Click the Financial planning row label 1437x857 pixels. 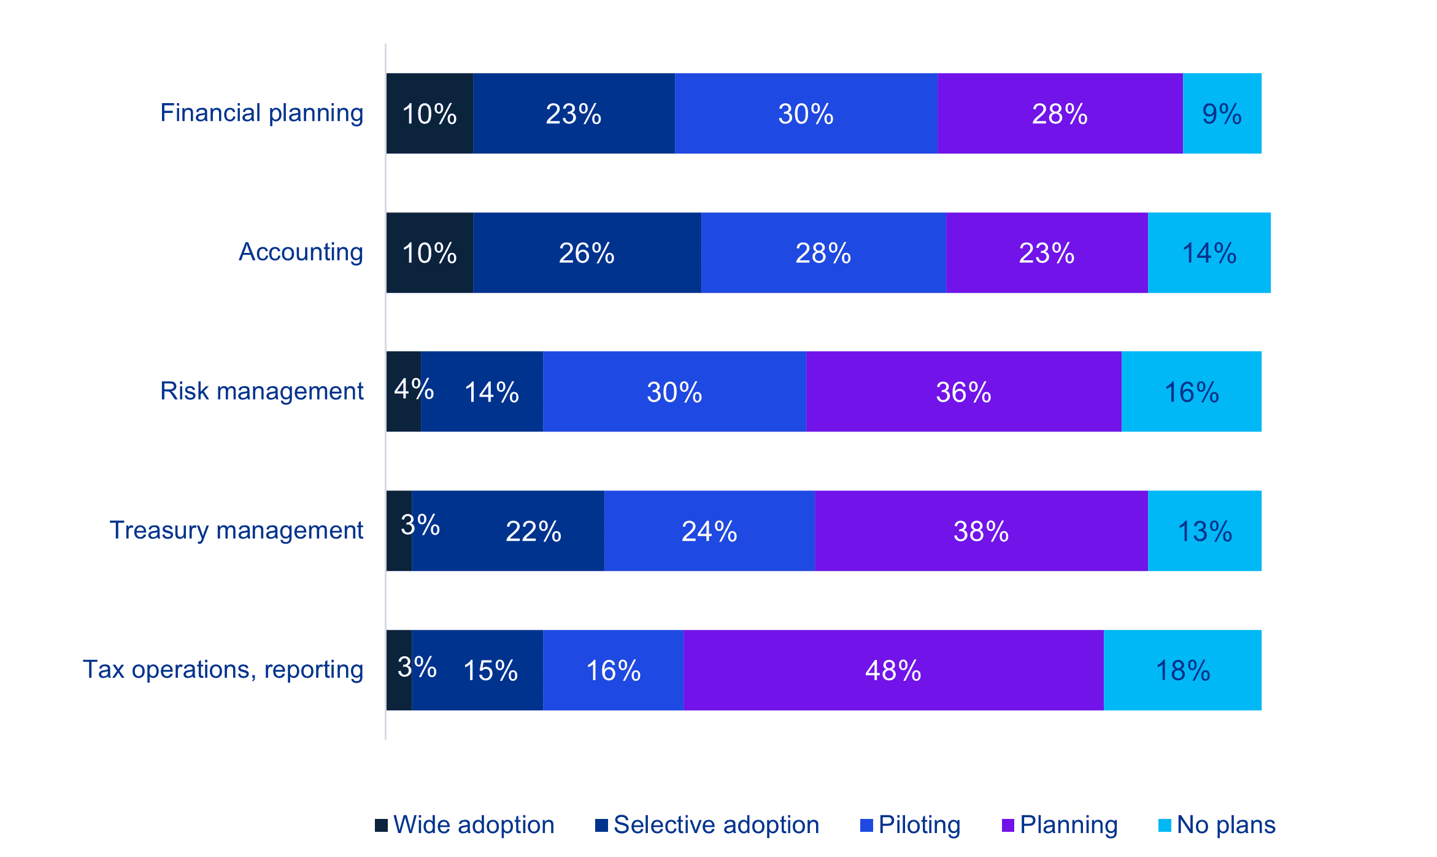[262, 114]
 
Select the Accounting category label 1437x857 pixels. [301, 252]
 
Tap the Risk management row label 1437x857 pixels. [262, 392]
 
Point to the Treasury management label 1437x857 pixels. [236, 530]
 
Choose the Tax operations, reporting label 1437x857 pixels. [223, 670]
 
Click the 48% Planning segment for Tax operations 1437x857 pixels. [893, 670]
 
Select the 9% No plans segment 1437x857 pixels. [1222, 114]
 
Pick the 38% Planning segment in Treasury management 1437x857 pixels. [980, 531]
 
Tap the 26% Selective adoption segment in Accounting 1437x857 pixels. [587, 253]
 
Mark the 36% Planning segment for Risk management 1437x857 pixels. [963, 392]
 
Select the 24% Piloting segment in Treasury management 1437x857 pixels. [709, 531]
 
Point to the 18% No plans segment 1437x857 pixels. [1182, 670]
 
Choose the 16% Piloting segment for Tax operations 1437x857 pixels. [613, 670]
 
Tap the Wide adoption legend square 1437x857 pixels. [381, 826]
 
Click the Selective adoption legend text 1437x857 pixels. [716, 825]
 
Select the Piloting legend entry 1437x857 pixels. [919, 825]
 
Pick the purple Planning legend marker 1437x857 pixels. [1007, 826]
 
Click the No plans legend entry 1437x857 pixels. [1225, 825]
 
